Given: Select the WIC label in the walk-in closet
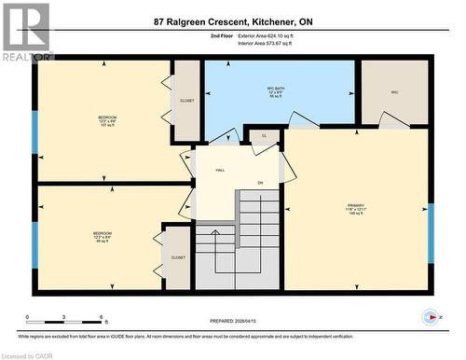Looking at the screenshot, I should click(394, 91).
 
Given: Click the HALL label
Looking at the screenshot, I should click(221, 171).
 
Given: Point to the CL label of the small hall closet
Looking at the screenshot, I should click(264, 136).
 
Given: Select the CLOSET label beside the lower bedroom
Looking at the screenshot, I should click(178, 257).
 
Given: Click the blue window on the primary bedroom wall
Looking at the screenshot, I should click(431, 233).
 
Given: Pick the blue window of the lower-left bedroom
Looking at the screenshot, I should click(35, 241).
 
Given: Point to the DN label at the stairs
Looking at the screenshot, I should click(261, 183).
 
